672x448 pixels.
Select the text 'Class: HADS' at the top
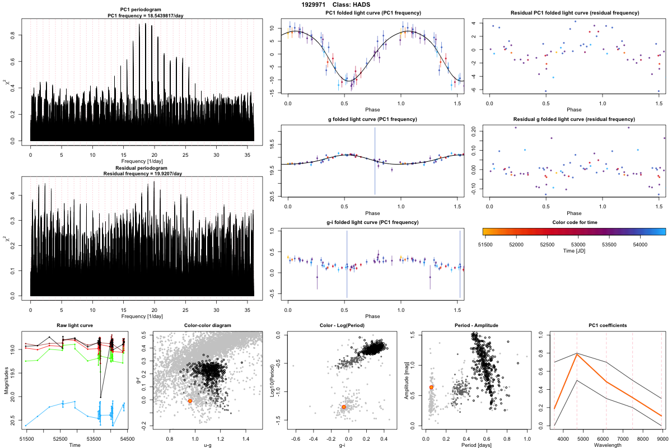(356, 4)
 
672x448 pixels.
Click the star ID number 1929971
(314, 4)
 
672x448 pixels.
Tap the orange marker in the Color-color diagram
(190, 401)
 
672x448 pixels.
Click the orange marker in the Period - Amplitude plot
(431, 387)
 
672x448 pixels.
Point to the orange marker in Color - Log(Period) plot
(344, 407)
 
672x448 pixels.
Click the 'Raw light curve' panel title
(75, 326)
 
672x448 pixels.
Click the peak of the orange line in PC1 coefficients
(577, 354)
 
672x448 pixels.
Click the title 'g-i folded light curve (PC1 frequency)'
(372, 222)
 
